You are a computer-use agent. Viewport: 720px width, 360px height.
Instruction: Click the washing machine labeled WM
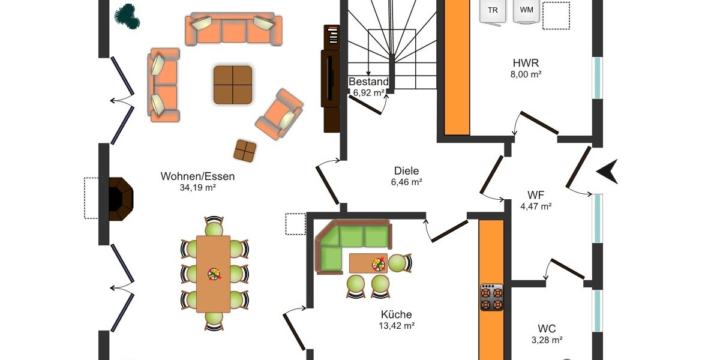pos(526,11)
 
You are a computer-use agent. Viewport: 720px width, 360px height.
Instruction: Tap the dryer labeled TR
pos(493,11)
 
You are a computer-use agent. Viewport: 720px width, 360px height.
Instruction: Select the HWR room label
pos(526,62)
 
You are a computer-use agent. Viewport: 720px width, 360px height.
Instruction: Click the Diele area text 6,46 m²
pos(407,182)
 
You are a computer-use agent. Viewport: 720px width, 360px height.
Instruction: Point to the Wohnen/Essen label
pos(197,176)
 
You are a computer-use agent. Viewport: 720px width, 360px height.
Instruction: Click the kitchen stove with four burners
pos(491,298)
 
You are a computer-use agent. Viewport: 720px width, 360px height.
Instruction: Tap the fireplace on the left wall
pos(121,199)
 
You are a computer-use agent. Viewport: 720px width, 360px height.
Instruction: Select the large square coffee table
pos(233,85)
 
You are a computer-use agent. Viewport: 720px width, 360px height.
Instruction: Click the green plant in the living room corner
pos(128,16)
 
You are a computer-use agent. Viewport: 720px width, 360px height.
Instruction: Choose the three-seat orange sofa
pos(233,29)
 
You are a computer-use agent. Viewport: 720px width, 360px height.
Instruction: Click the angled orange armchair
pos(280,115)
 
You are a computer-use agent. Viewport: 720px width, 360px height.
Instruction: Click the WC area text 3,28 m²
pos(547,340)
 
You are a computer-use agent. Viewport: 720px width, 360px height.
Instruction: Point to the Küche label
pos(397,314)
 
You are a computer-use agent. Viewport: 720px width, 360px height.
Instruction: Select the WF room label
pos(536,195)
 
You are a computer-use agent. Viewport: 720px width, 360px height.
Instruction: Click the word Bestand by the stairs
pos(368,82)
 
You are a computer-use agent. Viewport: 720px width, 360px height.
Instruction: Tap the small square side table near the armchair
pos(245,151)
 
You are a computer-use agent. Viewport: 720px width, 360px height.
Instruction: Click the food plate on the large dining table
pos(214,275)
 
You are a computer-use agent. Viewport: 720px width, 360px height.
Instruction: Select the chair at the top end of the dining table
pos(214,226)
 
